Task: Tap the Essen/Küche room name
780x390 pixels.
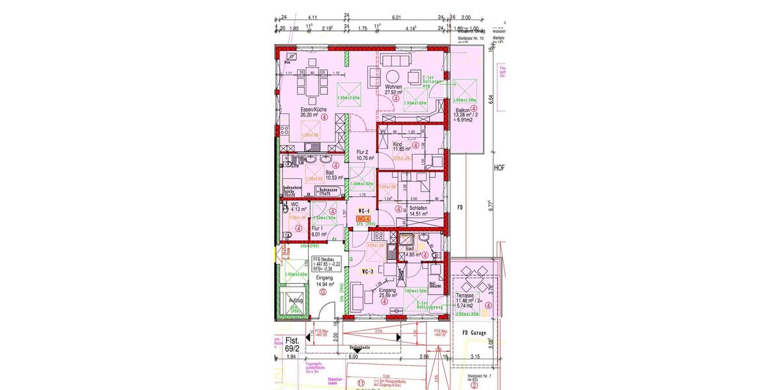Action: (313, 109)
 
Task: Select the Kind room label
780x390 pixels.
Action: (398, 145)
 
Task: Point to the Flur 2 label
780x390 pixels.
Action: (362, 151)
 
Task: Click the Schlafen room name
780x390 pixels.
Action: (418, 207)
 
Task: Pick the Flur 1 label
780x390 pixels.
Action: (317, 229)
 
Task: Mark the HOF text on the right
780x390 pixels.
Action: (499, 167)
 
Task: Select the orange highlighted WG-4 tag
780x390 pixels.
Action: (363, 219)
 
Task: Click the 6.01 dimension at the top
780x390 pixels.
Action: (396, 18)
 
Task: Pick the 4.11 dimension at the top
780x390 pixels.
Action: (312, 18)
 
